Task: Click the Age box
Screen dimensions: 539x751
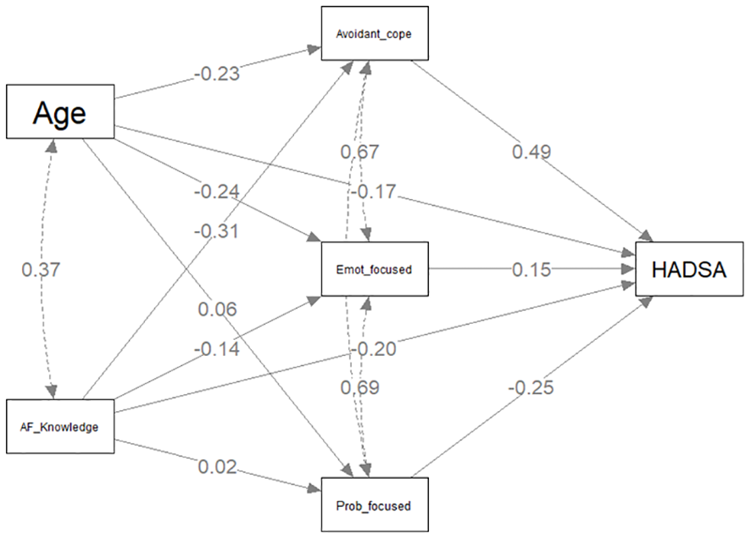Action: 59,111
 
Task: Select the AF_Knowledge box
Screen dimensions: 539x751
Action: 59,426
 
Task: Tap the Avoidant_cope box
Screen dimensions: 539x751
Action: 374,33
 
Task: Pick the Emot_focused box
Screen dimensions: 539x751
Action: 374,269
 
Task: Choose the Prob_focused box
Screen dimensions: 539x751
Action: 374,505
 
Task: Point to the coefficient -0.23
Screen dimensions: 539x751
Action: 216,74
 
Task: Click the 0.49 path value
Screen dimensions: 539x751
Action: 531,152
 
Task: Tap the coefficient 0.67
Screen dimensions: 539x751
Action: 359,152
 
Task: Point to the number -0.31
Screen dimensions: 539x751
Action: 216,230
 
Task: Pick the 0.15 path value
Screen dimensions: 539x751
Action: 531,269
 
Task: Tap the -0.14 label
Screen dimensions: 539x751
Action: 216,347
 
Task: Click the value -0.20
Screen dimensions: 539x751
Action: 374,349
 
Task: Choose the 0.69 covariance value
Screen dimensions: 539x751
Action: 359,387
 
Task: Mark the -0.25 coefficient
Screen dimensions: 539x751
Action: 531,387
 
